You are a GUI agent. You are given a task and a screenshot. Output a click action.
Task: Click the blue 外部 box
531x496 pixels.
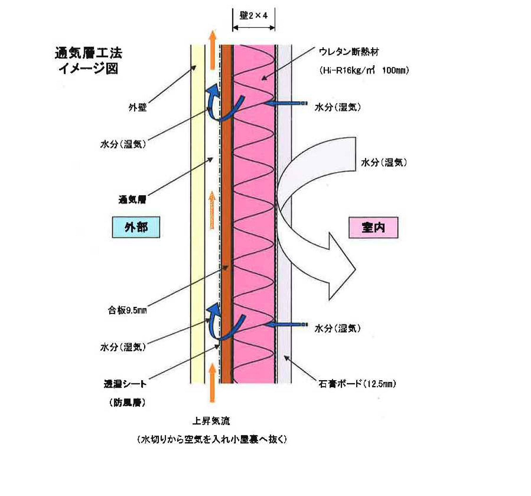click(136, 227)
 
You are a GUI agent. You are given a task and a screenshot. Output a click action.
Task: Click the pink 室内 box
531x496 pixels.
click(373, 227)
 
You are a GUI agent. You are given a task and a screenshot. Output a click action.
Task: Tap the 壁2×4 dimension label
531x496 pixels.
click(253, 15)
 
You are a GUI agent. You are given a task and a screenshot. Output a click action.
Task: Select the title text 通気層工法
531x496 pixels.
click(88, 53)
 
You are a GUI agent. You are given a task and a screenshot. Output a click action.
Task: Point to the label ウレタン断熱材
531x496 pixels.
click(349, 52)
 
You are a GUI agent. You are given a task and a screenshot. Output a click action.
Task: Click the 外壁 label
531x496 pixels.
click(137, 107)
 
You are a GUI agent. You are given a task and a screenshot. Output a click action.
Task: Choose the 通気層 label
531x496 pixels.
click(132, 200)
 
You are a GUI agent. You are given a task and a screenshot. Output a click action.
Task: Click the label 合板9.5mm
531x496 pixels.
click(128, 310)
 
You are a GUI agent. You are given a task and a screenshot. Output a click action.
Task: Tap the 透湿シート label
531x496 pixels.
click(125, 384)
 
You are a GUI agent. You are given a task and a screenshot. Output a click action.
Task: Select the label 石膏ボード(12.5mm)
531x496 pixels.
click(357, 384)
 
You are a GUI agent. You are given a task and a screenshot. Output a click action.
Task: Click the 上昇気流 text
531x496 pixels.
click(211, 421)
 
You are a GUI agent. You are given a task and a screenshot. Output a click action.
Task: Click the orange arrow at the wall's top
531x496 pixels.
click(212, 50)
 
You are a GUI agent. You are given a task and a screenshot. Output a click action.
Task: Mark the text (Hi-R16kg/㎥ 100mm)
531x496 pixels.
click(364, 70)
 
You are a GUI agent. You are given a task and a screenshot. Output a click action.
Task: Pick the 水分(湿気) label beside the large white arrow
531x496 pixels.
click(384, 162)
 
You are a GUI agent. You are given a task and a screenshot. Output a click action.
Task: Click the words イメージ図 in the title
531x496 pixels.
click(88, 69)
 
